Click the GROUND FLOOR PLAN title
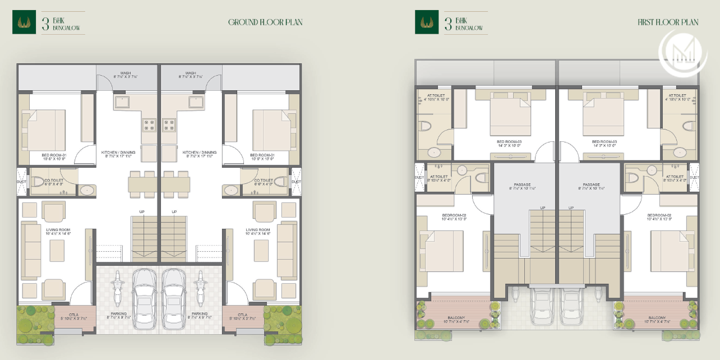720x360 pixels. click(x=265, y=23)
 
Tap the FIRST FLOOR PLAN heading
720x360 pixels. click(x=668, y=23)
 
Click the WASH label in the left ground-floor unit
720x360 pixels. click(x=126, y=73)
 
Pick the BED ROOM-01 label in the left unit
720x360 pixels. click(x=54, y=155)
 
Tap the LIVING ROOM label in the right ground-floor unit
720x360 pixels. click(x=258, y=230)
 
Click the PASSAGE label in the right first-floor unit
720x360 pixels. click(x=591, y=184)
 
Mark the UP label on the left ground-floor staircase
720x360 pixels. click(x=142, y=211)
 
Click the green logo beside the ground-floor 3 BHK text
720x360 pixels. click(x=23, y=23)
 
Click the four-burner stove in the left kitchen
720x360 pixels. click(x=149, y=124)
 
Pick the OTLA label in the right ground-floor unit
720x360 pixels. click(x=242, y=315)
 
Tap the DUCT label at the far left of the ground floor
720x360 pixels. click(x=21, y=182)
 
